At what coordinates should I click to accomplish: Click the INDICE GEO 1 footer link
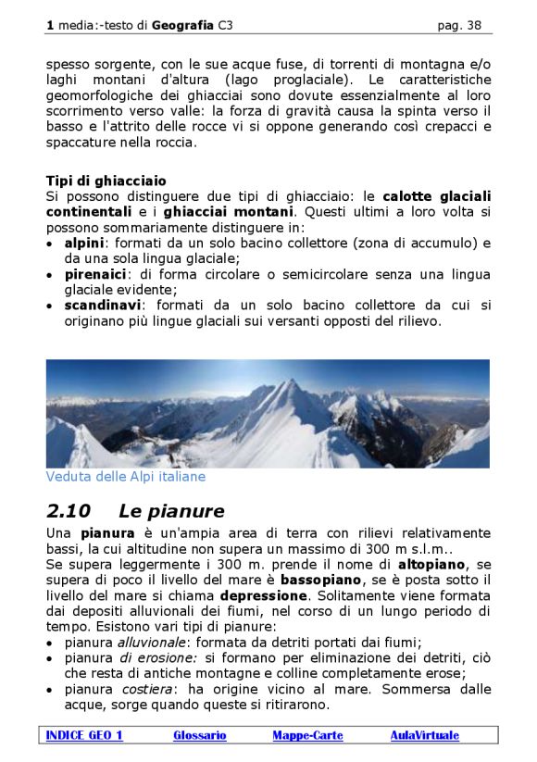(x=84, y=735)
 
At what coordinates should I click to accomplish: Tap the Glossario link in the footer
(x=199, y=735)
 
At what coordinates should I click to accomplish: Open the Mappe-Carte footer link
(x=307, y=735)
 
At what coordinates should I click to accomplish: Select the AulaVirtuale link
(x=424, y=735)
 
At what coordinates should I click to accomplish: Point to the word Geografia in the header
(x=183, y=26)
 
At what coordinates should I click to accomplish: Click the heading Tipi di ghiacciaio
(x=106, y=181)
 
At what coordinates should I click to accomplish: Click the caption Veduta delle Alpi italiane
(x=126, y=477)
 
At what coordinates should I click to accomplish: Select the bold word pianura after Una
(x=106, y=533)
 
